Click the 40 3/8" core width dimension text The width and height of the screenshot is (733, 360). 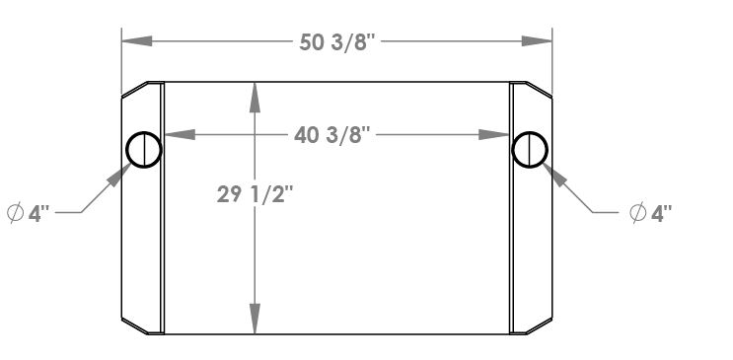336,134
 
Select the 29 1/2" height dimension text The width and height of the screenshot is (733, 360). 255,194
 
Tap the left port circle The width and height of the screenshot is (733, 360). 144,150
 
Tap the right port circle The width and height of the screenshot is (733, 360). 530,150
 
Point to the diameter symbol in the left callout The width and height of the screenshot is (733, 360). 16,213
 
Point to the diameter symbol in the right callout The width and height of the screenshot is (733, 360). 637,212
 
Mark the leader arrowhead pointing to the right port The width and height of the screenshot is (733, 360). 555,176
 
